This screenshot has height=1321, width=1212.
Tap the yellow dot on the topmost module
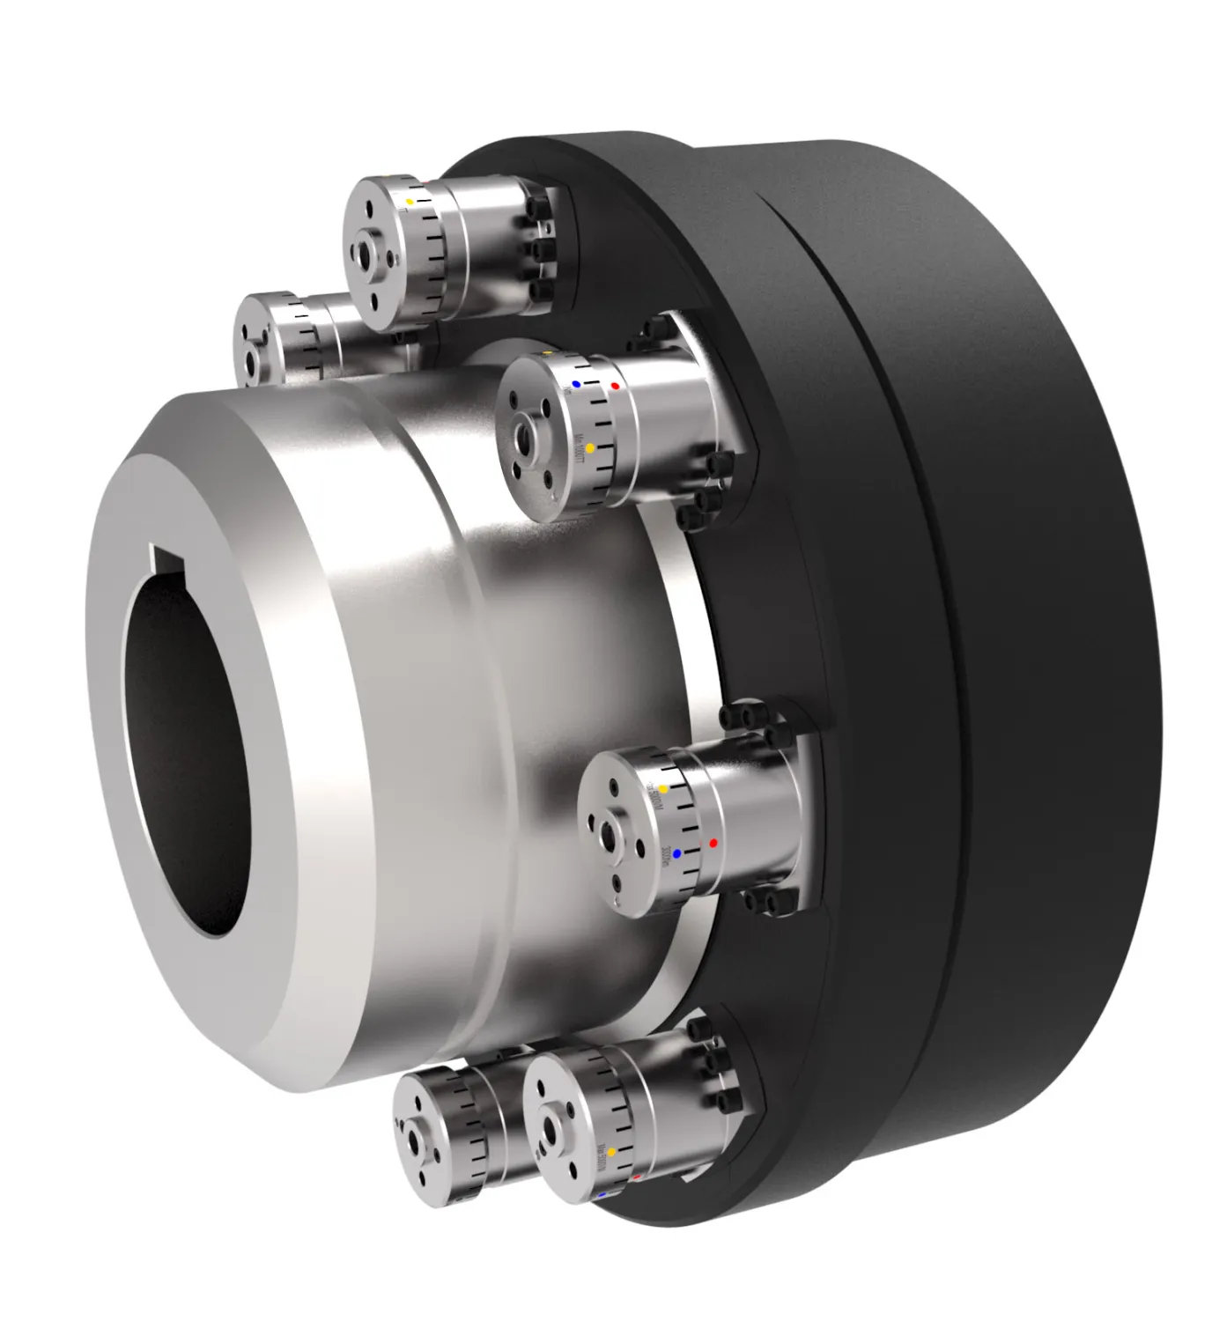pyautogui.click(x=410, y=202)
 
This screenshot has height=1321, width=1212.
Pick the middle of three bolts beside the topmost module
pyautogui.click(x=535, y=250)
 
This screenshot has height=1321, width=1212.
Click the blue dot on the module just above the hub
pyautogui.click(x=576, y=384)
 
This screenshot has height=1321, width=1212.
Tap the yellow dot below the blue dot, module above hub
pyautogui.click(x=590, y=447)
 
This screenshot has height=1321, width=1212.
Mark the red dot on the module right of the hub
pyautogui.click(x=713, y=843)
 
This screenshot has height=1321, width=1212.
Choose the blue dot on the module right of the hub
pyautogui.click(x=676, y=853)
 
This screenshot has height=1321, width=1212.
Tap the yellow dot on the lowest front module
pyautogui.click(x=610, y=1151)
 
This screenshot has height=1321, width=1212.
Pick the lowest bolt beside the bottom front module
pyautogui.click(x=728, y=1102)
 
